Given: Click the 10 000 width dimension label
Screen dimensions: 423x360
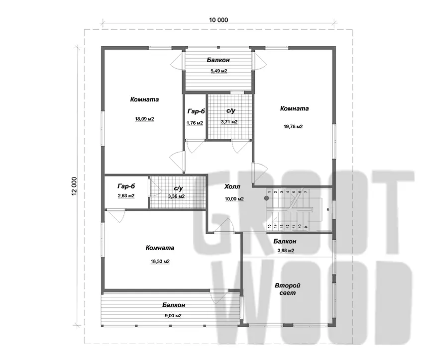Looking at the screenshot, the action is click(x=218, y=20).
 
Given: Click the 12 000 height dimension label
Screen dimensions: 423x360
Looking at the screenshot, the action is click(x=75, y=186).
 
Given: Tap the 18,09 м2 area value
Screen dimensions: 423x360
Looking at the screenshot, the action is click(x=145, y=119).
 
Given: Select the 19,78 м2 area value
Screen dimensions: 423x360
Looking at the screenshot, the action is click(x=293, y=126).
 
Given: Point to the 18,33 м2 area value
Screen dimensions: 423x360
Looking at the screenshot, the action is click(x=160, y=261).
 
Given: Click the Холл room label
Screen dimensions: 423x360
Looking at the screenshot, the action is click(x=232, y=186).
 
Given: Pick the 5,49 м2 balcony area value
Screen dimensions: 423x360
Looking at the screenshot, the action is click(x=219, y=71).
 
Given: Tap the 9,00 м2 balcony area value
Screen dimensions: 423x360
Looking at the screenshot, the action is click(x=173, y=316).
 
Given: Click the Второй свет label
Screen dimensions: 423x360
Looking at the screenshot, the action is click(x=288, y=289).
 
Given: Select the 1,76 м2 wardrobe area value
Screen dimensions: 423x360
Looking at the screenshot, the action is click(x=195, y=123).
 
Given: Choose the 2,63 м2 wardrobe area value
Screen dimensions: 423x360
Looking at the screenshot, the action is click(x=126, y=196).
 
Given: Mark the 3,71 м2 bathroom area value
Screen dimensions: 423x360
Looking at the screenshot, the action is click(x=229, y=122).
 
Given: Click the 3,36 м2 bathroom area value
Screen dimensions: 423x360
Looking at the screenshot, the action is click(x=177, y=196).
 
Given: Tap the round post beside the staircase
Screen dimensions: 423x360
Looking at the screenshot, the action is click(x=267, y=198).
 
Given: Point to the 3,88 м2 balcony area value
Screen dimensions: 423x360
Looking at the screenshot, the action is click(x=286, y=250).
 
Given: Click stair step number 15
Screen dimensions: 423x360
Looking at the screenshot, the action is click(x=269, y=226).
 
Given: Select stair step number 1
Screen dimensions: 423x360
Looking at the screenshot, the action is click(x=269, y=192).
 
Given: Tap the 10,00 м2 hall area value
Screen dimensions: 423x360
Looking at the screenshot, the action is click(x=234, y=199).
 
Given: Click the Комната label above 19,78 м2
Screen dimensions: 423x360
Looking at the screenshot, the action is click(x=294, y=108).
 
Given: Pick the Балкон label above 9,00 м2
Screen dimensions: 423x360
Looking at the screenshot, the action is click(x=174, y=305).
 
